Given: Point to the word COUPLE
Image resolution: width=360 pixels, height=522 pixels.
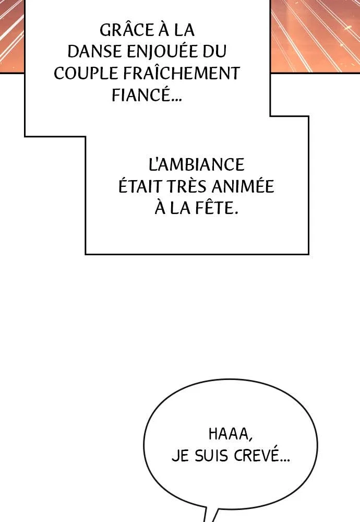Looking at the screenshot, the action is point(86,73).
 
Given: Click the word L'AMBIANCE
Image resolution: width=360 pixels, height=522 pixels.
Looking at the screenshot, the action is point(196,164).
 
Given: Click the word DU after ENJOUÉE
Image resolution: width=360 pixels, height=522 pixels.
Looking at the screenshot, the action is point(215,51).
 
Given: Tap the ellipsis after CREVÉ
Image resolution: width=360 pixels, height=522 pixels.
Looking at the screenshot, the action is point(284,461).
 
